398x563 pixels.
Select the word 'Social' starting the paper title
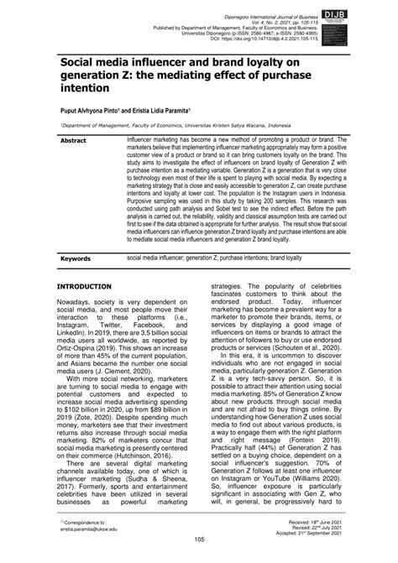click(78, 61)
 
